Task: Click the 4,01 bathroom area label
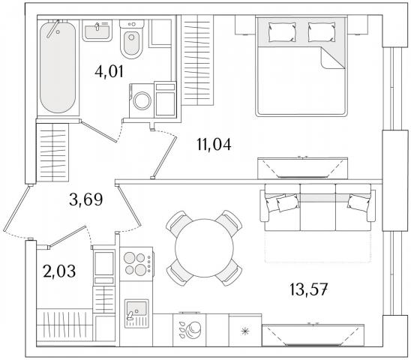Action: (x=109, y=71)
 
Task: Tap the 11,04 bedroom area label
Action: (x=214, y=144)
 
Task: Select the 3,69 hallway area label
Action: (x=86, y=199)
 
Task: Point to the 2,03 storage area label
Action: (x=59, y=271)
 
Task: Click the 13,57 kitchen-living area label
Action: (x=308, y=289)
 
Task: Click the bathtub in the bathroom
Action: (x=58, y=67)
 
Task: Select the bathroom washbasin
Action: (x=97, y=30)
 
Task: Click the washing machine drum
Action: (x=142, y=100)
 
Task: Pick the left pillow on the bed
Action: (x=282, y=31)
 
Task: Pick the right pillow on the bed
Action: (x=322, y=31)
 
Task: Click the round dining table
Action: (x=204, y=248)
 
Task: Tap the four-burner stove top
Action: (x=136, y=263)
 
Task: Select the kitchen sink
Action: (x=136, y=313)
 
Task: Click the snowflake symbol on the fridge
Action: (x=244, y=331)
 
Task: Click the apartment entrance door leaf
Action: (x=16, y=208)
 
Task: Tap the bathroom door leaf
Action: (x=99, y=131)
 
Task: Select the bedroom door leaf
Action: (x=164, y=157)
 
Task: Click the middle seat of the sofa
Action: (x=318, y=207)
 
